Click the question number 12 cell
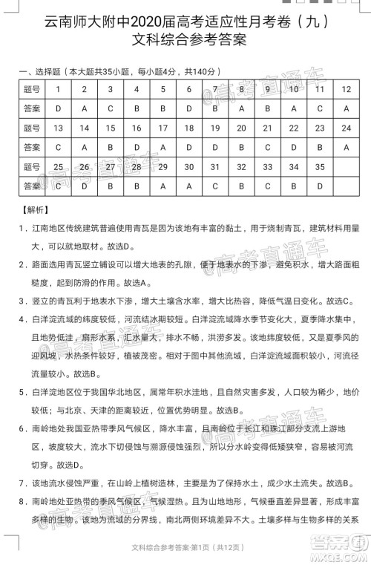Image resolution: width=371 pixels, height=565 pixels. pyautogui.click(x=347, y=89)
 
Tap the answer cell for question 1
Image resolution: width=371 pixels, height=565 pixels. pyautogui.click(x=58, y=108)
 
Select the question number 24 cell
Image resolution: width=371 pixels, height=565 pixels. pyautogui.click(x=347, y=128)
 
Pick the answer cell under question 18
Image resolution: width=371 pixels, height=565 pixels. pyautogui.click(x=189, y=147)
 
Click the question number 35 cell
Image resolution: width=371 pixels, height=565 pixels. pyautogui.click(x=320, y=166)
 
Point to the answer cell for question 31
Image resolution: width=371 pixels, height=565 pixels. pyautogui.click(x=215, y=186)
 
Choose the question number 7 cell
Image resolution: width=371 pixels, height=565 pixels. pyautogui.click(x=215, y=89)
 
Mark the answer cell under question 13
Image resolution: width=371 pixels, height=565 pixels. pyautogui.click(x=58, y=147)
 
